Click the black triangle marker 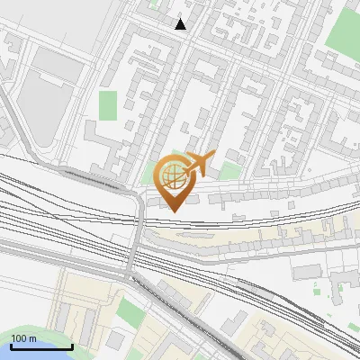pos(181,24)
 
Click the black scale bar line pos(41,346)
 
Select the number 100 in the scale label pos(18,338)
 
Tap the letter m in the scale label pos(31,338)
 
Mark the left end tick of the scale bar pos(11,345)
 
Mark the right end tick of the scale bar pos(72,345)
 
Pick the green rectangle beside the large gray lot pos(108,105)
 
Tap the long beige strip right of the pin pos(270,236)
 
